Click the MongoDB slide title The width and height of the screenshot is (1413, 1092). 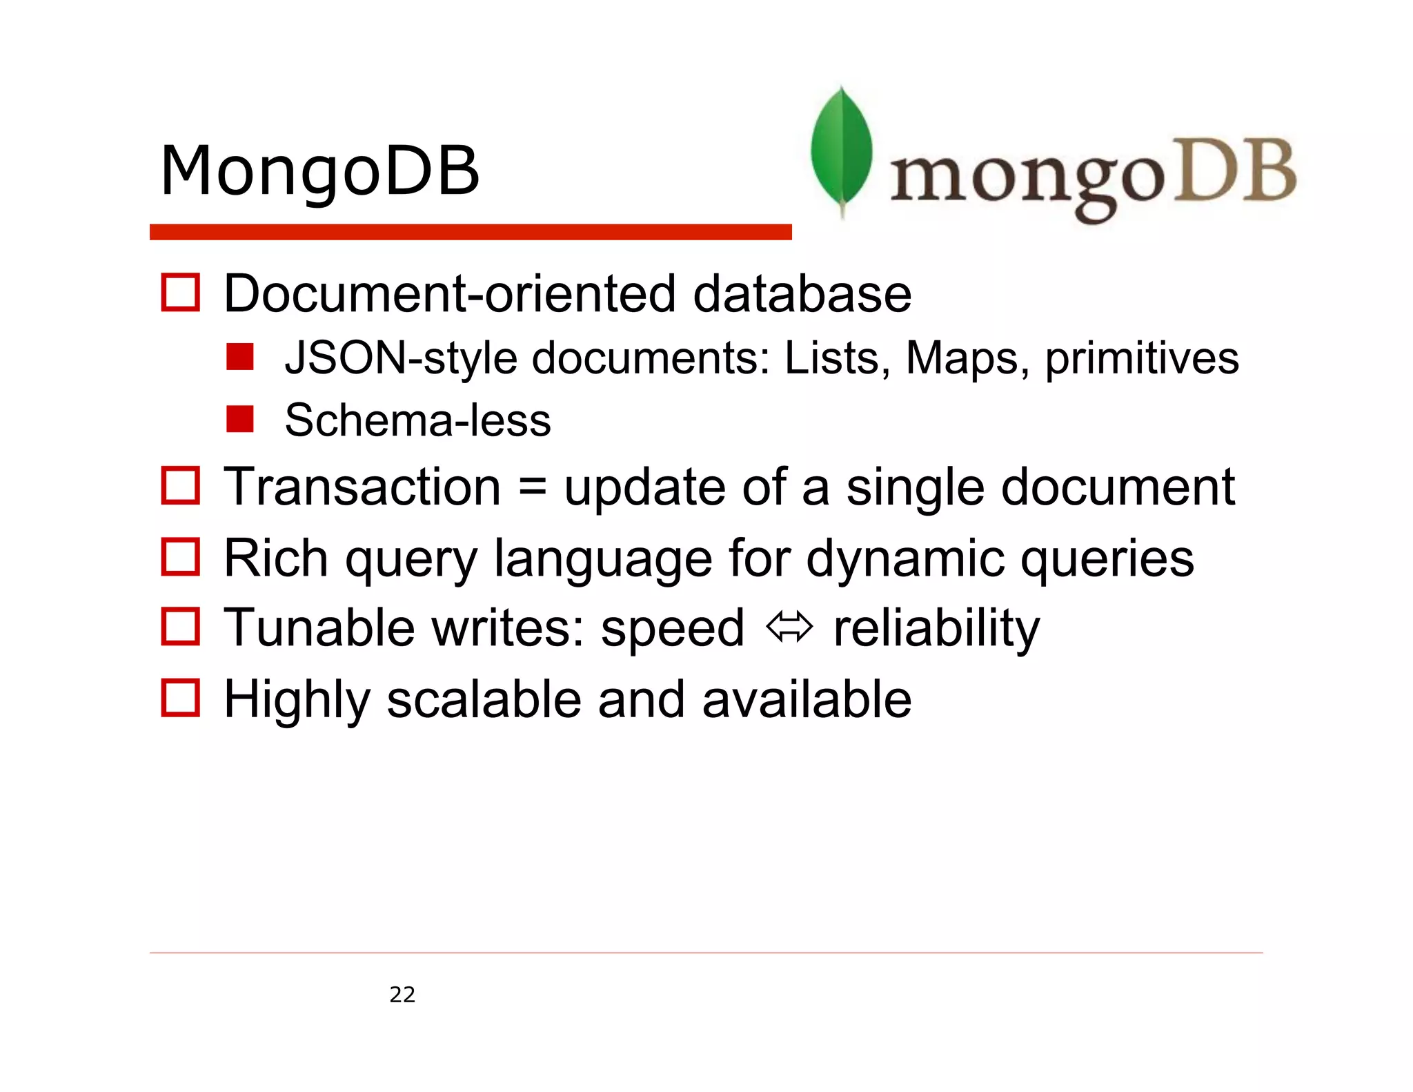pos(319,170)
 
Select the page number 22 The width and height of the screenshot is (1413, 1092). pos(402,995)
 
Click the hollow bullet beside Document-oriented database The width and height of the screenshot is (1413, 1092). pos(180,293)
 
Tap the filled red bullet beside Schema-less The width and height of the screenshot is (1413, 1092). pos(239,419)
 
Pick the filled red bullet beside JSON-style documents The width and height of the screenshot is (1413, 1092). pos(239,357)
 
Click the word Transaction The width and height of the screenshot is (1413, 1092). pos(362,487)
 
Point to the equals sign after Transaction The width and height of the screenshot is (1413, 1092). pos(532,487)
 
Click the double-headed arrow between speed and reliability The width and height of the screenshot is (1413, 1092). pos(789,628)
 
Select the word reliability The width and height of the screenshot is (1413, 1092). pos(936,628)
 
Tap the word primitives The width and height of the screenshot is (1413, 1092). pos(1142,358)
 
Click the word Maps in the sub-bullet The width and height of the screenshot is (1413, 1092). pos(962,358)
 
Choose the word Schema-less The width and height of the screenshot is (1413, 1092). pos(417,420)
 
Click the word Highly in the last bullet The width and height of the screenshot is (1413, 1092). pos(297,700)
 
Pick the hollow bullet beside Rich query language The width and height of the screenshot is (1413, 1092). pos(180,557)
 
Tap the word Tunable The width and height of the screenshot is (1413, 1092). pos(319,628)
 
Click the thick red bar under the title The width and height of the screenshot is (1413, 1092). pos(470,232)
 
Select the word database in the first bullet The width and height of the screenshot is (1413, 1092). pos(802,293)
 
